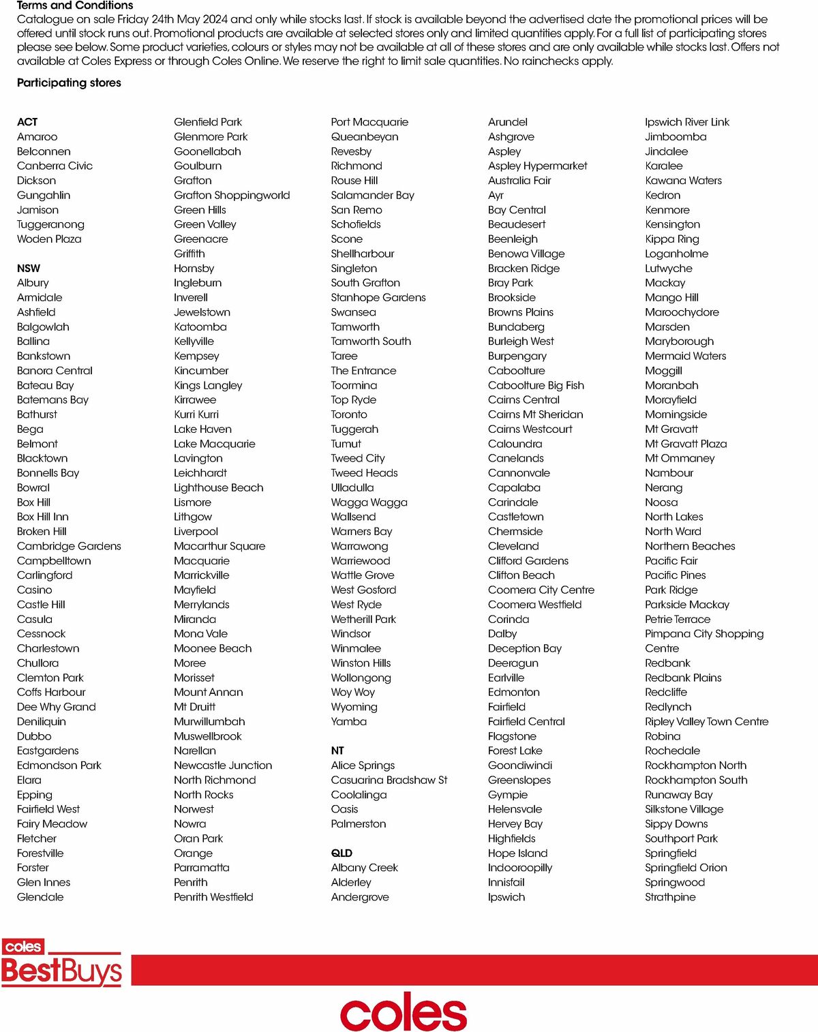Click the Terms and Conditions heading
(75, 5)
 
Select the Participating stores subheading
(69, 82)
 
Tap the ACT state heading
(27, 122)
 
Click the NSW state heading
(29, 268)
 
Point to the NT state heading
(337, 750)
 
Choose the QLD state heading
(342, 853)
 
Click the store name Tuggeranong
(50, 224)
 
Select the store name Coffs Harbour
(51, 692)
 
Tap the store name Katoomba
(200, 327)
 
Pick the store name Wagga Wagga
(369, 502)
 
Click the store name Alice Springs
(363, 765)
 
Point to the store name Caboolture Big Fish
(536, 385)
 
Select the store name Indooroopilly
(520, 868)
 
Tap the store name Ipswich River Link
(687, 122)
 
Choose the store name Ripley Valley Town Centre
(706, 721)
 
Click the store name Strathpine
(670, 897)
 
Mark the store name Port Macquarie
(369, 122)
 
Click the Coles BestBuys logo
(61, 963)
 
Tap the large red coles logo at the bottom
(404, 1011)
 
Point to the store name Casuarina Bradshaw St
(389, 780)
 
